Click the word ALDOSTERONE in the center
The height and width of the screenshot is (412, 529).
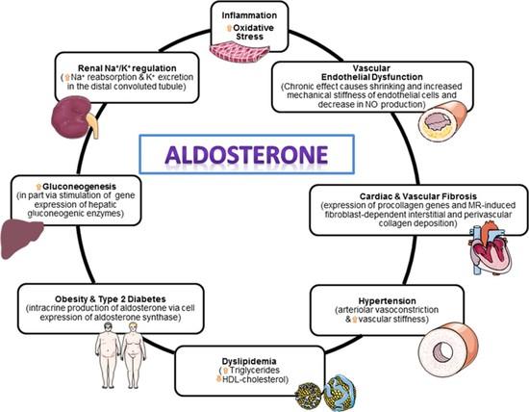click(x=246, y=155)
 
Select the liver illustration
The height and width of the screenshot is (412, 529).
click(x=22, y=239)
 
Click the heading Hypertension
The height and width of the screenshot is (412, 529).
click(x=387, y=301)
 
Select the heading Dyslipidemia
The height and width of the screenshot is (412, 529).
click(x=249, y=361)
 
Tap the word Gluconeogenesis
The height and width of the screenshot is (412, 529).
click(x=79, y=187)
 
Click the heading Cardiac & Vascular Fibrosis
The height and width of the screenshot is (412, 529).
click(x=418, y=196)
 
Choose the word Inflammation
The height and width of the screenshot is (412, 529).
click(x=249, y=15)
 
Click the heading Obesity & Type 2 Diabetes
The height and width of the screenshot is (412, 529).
click(x=111, y=299)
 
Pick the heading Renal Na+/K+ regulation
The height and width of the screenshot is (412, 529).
click(x=127, y=68)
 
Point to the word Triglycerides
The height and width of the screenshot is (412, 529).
click(x=255, y=370)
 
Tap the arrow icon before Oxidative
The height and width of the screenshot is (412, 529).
click(x=229, y=28)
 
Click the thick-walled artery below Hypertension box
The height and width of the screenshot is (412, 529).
click(x=448, y=348)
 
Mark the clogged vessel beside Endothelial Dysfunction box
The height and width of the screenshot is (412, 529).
click(x=443, y=121)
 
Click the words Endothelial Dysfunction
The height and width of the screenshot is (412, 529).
click(x=372, y=77)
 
